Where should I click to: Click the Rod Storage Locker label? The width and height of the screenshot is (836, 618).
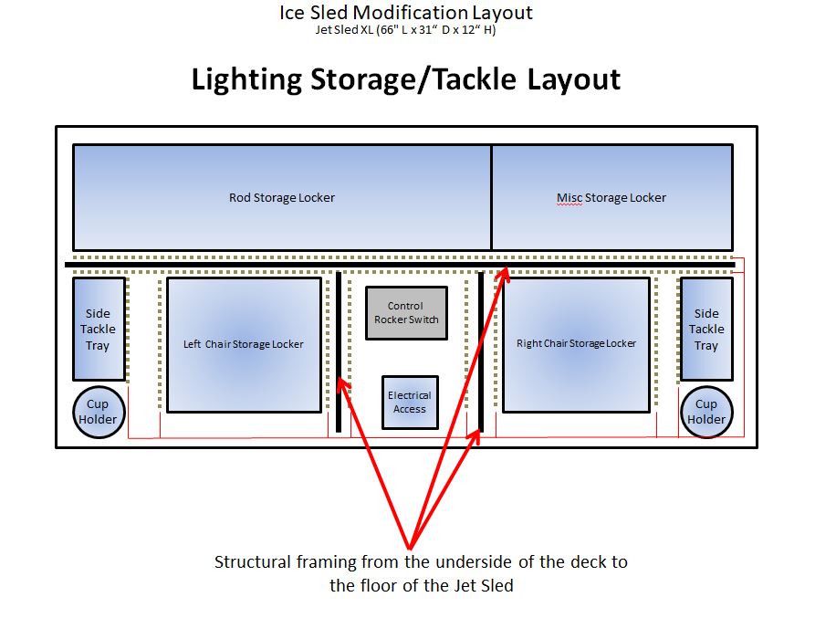coord(281,198)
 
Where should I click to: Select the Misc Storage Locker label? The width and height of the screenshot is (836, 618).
coord(611,198)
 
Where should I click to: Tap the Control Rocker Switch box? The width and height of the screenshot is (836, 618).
coord(406,313)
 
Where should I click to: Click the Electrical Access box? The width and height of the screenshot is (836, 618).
coord(409,403)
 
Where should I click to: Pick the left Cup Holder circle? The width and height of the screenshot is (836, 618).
coord(98,412)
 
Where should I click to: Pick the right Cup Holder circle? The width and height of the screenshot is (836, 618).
coord(706,412)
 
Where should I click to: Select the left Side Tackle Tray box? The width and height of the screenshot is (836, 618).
coord(99,329)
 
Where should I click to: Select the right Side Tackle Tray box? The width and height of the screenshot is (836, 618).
coord(706,329)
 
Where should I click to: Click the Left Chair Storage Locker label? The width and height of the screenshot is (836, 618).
coord(244,344)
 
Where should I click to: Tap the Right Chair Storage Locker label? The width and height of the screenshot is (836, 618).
coord(576,344)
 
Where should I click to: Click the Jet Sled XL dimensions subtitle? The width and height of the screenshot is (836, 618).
coord(405,29)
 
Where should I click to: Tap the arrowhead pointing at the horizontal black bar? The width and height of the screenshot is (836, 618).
coord(501,274)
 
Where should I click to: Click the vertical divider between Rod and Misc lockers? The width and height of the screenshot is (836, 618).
coord(492,197)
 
